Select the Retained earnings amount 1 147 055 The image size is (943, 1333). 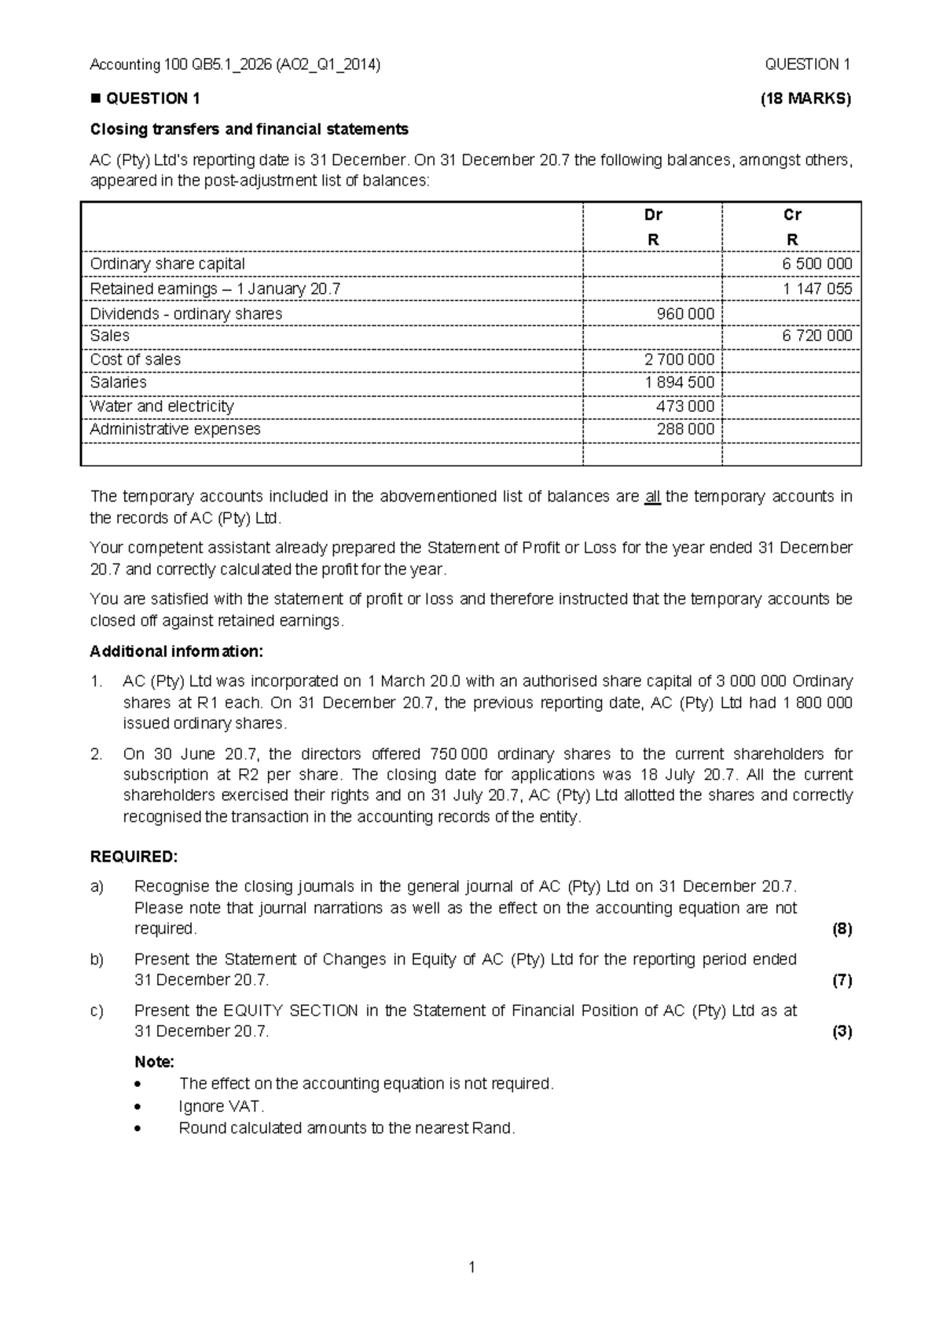click(x=816, y=288)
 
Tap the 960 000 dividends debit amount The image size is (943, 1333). click(x=685, y=314)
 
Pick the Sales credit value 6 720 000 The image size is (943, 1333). click(x=816, y=336)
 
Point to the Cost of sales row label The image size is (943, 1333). click(x=135, y=359)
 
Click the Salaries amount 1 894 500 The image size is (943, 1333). click(x=679, y=383)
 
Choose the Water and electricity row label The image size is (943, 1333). click(x=162, y=406)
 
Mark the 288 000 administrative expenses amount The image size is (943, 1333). click(x=685, y=429)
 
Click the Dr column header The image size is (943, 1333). click(x=652, y=215)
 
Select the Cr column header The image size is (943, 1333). click(x=792, y=215)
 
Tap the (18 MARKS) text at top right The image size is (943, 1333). click(x=805, y=99)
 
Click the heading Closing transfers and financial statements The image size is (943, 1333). click(x=249, y=129)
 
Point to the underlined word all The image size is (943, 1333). click(x=652, y=497)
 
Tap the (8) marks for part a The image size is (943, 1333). click(x=842, y=929)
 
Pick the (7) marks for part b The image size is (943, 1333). click(x=842, y=980)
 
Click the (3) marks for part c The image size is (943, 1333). click(x=842, y=1032)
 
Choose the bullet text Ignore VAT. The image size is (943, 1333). click(x=222, y=1106)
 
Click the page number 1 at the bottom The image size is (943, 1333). click(x=472, y=1267)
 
